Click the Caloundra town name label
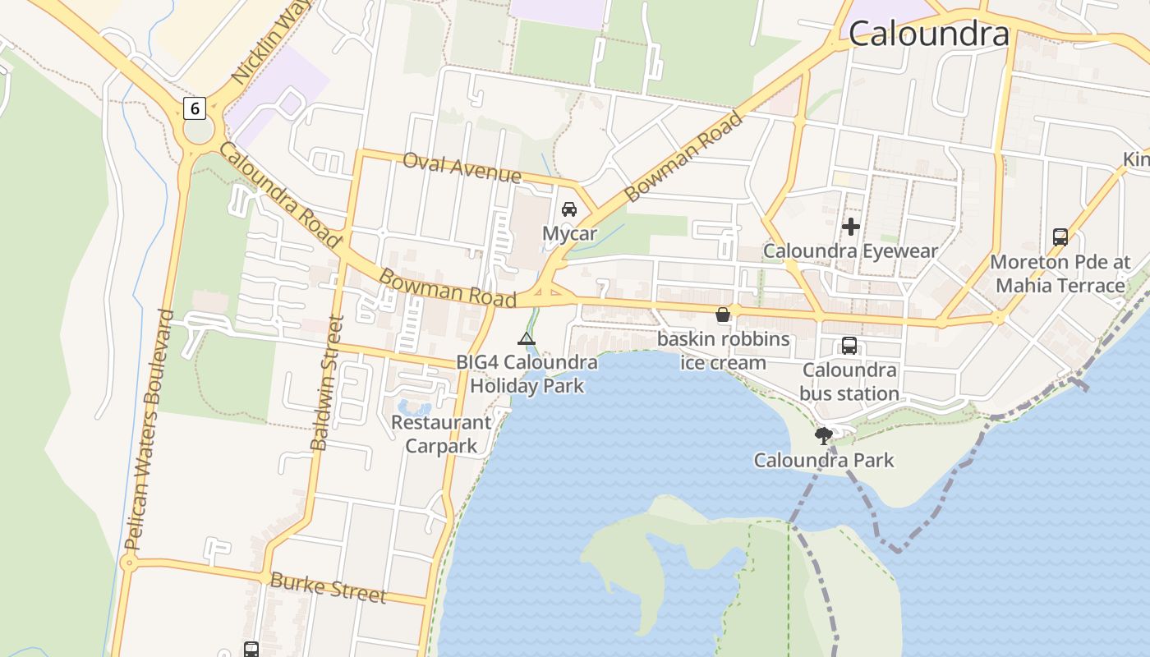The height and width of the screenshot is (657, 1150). coord(928,34)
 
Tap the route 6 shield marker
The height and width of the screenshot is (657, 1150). coord(194,108)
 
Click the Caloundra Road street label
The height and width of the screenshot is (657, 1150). coord(278,195)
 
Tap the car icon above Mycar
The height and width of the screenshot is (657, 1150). coord(569,209)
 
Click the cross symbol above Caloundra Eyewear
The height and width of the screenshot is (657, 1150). coord(851,226)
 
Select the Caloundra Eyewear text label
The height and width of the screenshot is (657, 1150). coord(850,250)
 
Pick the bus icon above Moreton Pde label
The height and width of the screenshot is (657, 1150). coord(1060,237)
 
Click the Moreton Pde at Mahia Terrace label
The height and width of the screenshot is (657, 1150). coord(1060,273)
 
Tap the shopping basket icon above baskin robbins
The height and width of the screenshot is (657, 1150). coord(723,315)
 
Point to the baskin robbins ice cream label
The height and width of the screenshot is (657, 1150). coord(723,351)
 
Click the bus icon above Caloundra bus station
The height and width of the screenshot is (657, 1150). coord(849,346)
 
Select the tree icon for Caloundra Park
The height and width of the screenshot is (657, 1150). coord(824,436)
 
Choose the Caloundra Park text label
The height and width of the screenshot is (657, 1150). coord(824,460)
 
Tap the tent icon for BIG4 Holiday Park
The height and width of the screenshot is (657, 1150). coord(527,338)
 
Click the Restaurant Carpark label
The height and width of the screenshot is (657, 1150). coord(441,434)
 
